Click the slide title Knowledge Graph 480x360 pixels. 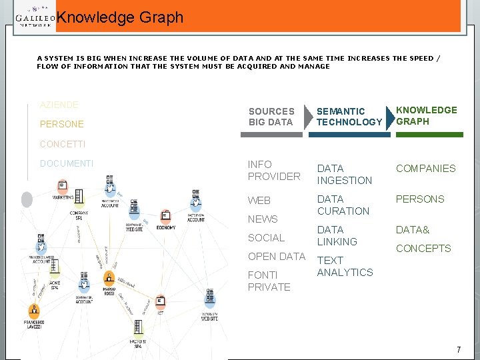[x=120, y=18]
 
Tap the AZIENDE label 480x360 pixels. [x=59, y=105]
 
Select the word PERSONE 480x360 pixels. [x=62, y=124]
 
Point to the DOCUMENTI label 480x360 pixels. [x=67, y=163]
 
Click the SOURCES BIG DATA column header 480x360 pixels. [x=271, y=117]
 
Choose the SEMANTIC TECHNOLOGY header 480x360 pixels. [x=349, y=117]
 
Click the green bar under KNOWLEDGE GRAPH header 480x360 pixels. [x=427, y=135]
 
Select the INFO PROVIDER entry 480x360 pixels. [x=273, y=171]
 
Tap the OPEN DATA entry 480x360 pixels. [x=276, y=257]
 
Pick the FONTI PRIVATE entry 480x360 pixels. [x=269, y=281]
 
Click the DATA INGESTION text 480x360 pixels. [x=344, y=175]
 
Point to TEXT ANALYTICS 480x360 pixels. [x=345, y=267]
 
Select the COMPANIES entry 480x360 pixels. [x=425, y=169]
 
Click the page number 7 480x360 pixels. [x=459, y=350]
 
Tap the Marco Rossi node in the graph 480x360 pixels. [x=109, y=279]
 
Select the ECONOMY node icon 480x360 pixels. [x=165, y=216]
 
